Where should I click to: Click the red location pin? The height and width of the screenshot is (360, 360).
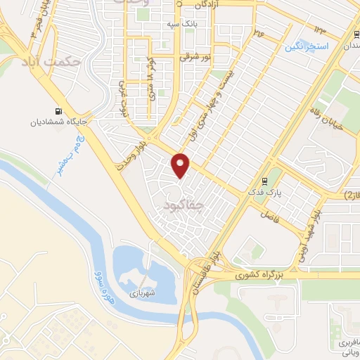(181, 165)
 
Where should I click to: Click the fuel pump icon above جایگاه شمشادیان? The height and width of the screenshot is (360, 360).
(56, 111)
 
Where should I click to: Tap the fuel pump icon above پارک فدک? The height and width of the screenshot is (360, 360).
(265, 179)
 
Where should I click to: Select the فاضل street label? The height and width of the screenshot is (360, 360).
(270, 212)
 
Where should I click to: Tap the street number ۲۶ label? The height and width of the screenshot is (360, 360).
(258, 32)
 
